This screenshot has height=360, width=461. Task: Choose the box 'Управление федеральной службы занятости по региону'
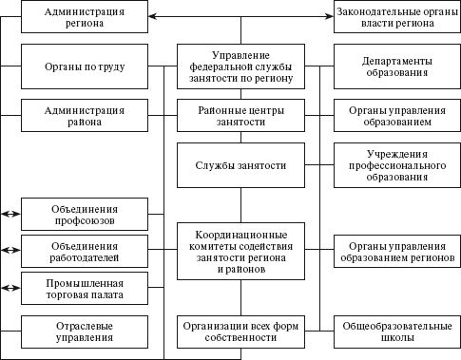(x=240, y=66)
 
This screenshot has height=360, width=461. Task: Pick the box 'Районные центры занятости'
(x=240, y=116)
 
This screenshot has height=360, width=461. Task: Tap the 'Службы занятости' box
(x=240, y=166)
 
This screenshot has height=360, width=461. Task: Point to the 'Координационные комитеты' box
(x=240, y=250)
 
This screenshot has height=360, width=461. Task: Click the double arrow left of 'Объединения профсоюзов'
(x=10, y=215)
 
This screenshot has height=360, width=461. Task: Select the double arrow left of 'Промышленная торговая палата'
(x=10, y=286)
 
